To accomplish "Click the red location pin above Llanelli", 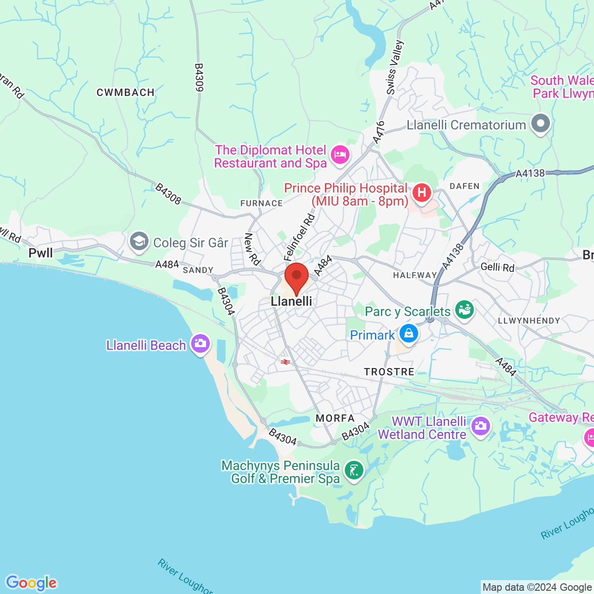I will tap(296, 277).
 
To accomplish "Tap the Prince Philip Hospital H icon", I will tap(421, 192).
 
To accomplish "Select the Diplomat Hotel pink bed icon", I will tap(341, 155).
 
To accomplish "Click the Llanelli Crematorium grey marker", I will tap(541, 124).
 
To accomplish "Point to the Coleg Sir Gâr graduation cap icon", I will tap(139, 242).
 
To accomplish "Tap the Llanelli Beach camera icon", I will tap(200, 344).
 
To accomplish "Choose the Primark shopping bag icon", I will tap(408, 334).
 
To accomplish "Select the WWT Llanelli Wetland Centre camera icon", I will tap(480, 426).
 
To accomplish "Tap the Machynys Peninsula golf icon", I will tap(354, 471).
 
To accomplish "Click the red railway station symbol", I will tap(285, 362).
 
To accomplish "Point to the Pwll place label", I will tap(41, 253).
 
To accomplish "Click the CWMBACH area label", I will tap(125, 92).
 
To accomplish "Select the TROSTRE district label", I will tap(389, 372).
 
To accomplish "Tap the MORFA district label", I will tap(335, 418).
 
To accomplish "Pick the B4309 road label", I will tap(199, 77).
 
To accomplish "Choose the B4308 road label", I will tap(168, 194).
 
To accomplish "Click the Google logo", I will tap(31, 583).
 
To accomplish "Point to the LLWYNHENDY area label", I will tap(529, 321).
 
